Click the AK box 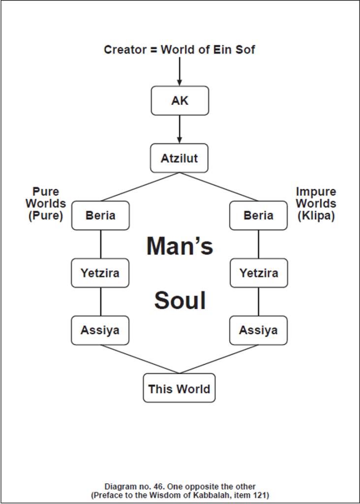180,100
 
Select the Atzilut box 179,158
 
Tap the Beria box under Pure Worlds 100,216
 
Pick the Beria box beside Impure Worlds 259,216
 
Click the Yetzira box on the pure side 100,273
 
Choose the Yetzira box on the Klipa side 259,273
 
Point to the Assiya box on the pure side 100,330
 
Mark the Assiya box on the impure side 259,330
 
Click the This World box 179,388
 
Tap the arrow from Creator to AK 180,71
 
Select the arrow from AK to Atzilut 180,129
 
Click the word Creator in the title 125,50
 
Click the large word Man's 180,246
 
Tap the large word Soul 180,301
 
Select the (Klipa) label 316,216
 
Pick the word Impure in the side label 316,191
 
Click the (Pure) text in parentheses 46,216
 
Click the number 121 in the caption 261,495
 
